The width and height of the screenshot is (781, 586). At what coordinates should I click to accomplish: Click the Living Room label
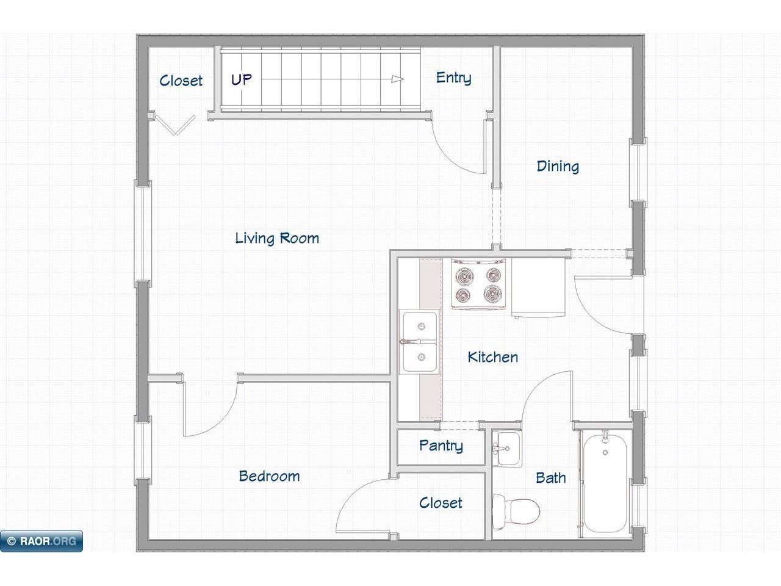pos(277,238)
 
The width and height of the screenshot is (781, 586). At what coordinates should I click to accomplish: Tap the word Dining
pos(558,167)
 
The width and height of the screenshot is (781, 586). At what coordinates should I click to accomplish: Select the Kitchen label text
pos(493,357)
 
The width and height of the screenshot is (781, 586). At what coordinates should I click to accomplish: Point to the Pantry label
pos(441,446)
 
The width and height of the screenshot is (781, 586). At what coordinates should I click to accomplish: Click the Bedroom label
pos(269,476)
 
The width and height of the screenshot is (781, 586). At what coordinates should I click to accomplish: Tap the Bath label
pos(551,477)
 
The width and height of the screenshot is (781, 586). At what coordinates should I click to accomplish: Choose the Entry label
pos(454,78)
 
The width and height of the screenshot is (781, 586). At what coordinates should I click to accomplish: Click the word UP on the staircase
pos(241,80)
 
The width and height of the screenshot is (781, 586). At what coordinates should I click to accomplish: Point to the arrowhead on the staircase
pos(397,79)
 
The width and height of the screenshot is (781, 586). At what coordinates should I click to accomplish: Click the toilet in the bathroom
pos(516,512)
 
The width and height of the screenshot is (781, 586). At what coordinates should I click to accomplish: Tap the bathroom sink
pos(508,448)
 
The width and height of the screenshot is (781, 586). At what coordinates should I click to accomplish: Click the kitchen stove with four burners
pos(478,284)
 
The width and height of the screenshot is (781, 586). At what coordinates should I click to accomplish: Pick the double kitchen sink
pos(420,342)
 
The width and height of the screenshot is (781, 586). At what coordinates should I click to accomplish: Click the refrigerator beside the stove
pos(538,287)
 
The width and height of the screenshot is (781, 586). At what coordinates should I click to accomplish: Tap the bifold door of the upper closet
pos(176,125)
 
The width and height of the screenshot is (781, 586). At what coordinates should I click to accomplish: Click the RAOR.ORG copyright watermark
pos(41,541)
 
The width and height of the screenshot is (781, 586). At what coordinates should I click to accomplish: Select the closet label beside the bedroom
pos(441,503)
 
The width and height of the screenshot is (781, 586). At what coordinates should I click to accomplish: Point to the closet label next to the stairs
pos(181,81)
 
